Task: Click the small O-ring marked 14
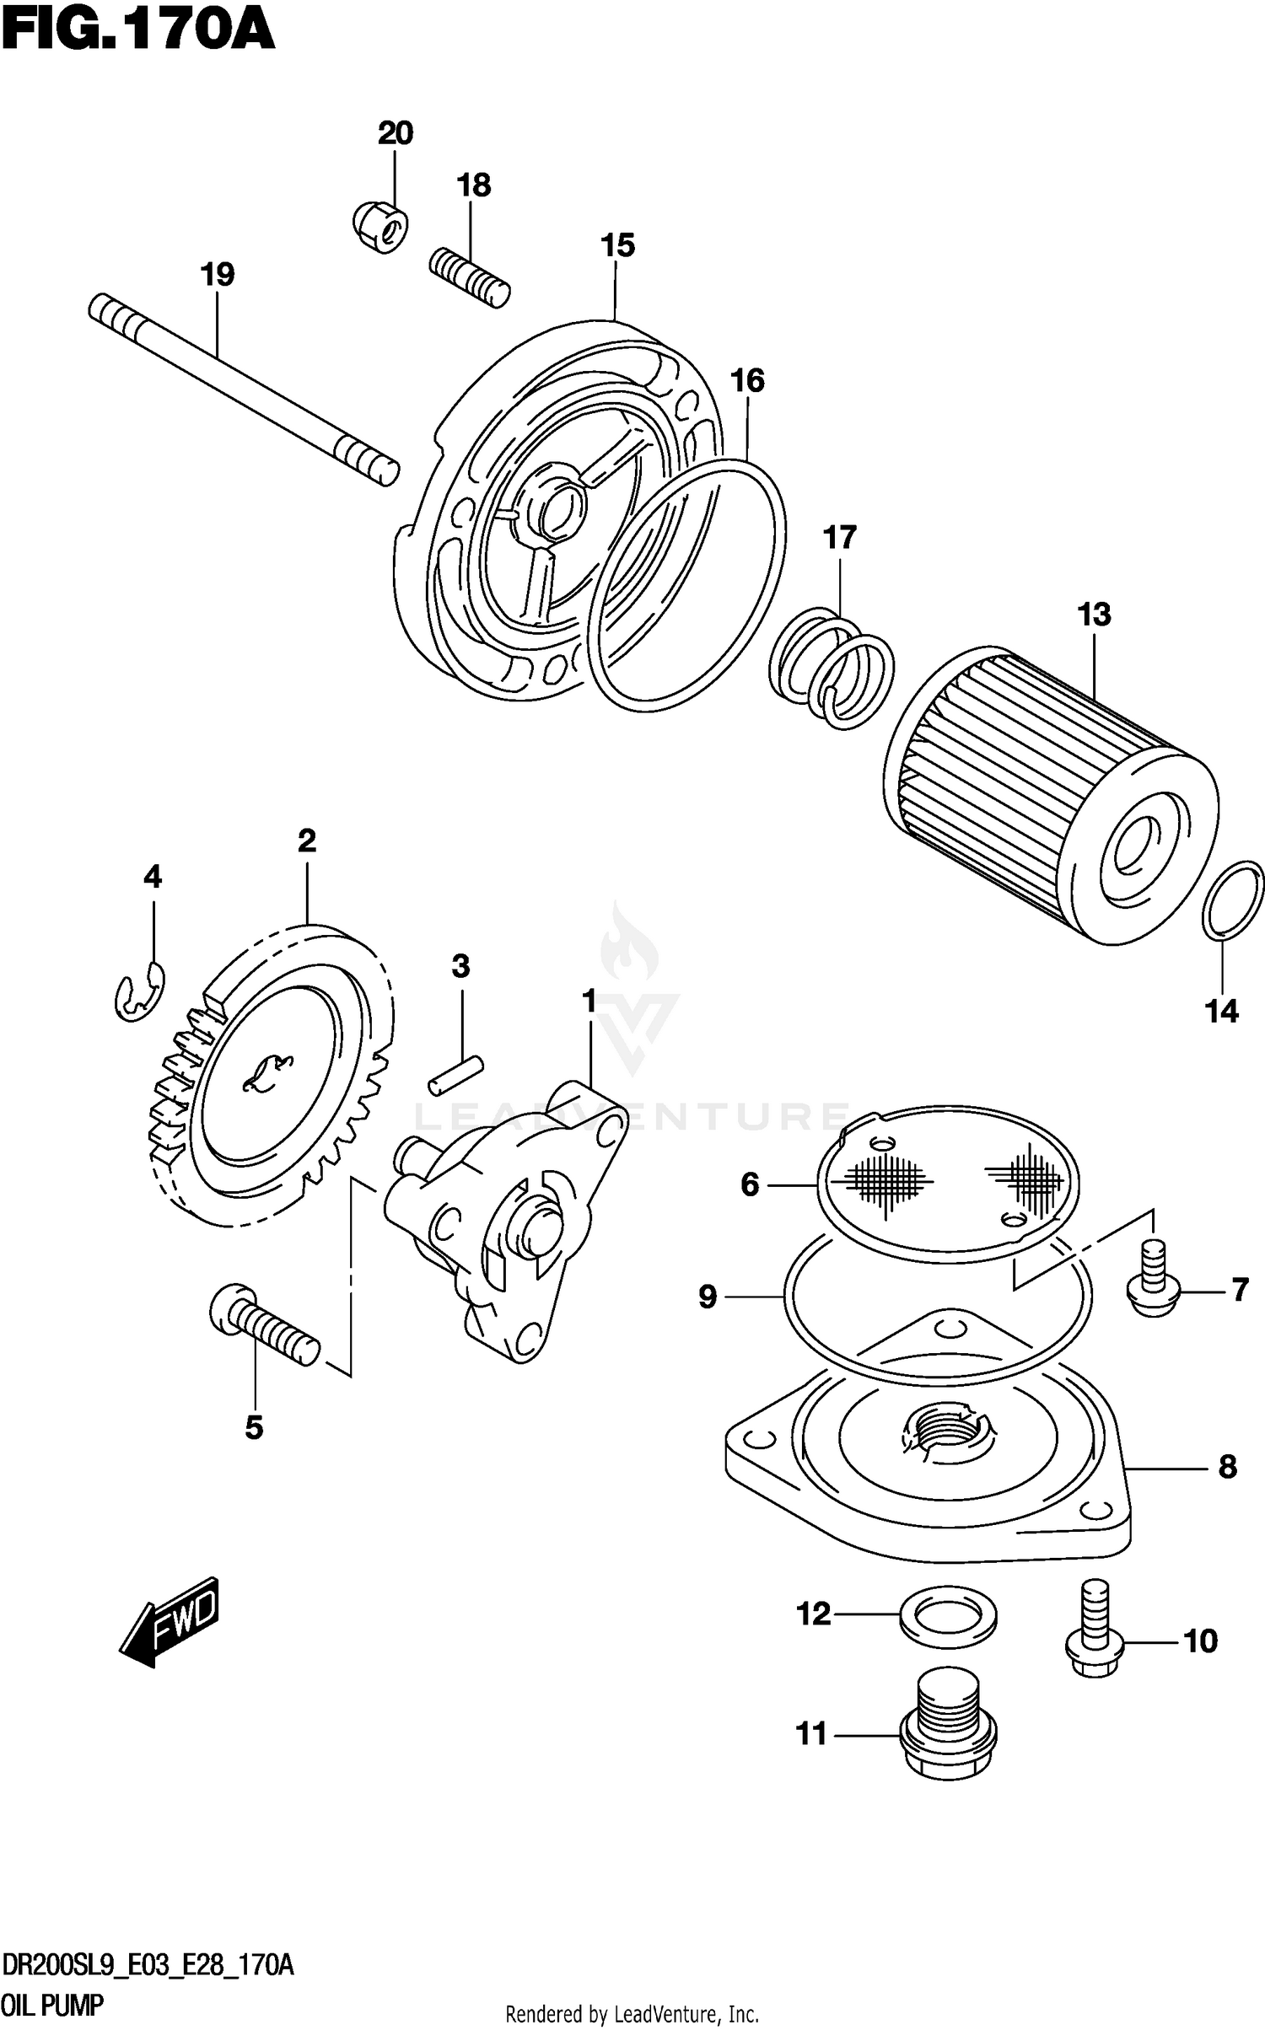point(1232,900)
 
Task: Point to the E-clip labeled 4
point(139,992)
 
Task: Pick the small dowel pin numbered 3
point(455,1076)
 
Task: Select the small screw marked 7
point(1152,1290)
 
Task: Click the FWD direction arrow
point(171,1621)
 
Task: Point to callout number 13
point(1094,615)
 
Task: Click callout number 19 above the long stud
point(218,274)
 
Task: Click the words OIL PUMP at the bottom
point(52,2005)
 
